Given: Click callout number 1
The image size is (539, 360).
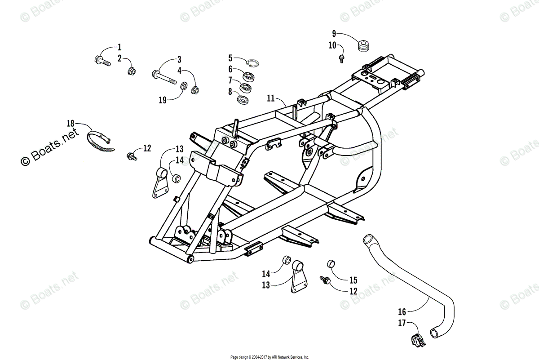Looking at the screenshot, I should [119, 47].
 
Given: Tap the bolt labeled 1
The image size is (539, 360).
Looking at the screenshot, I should [102, 60].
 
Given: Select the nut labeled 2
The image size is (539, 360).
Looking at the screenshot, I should [132, 71].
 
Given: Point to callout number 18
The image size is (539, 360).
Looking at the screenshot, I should [70, 123].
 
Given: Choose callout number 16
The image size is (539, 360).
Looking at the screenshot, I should [402, 311].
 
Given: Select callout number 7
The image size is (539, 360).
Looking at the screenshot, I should [230, 80].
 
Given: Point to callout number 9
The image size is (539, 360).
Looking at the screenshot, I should [334, 33].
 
